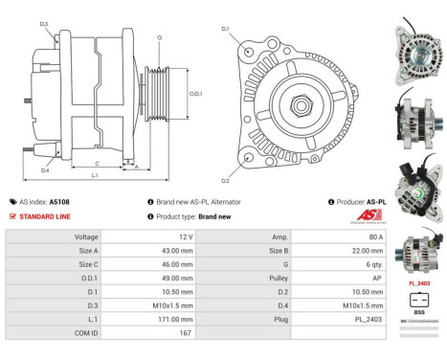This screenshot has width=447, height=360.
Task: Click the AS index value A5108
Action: [x=59, y=202]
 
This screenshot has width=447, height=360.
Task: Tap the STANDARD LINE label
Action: [x=44, y=216]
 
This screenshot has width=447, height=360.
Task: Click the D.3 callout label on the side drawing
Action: [x=44, y=24]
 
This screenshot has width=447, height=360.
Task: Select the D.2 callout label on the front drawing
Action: [x=225, y=180]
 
